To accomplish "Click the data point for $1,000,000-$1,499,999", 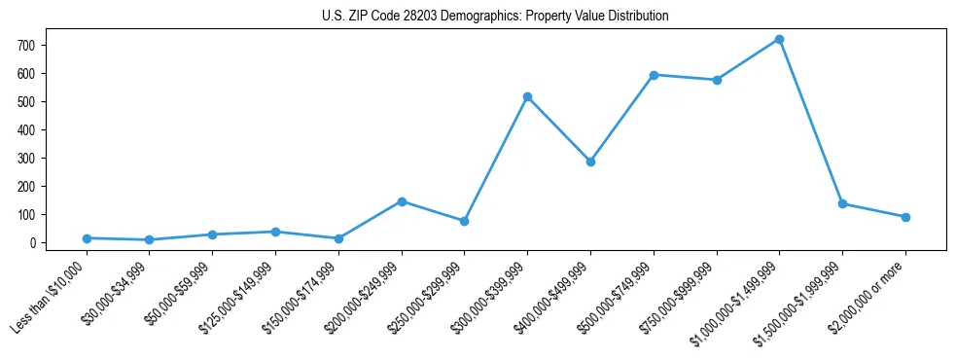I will point(779,40).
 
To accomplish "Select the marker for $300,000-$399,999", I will point(527,97).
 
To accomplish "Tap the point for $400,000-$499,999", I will point(590,162).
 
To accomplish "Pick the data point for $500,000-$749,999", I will point(654,75).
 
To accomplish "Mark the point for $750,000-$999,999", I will point(717,80).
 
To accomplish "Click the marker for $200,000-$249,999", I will point(402,201).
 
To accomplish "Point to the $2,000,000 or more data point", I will point(905,217).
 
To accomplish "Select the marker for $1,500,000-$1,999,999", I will point(842,204).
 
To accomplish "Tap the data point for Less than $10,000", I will point(87,238).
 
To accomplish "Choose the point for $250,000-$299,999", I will point(464,221).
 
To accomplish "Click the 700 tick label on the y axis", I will point(27,46).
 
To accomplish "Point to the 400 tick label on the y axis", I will point(27,130).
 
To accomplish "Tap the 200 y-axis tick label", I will point(27,187).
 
